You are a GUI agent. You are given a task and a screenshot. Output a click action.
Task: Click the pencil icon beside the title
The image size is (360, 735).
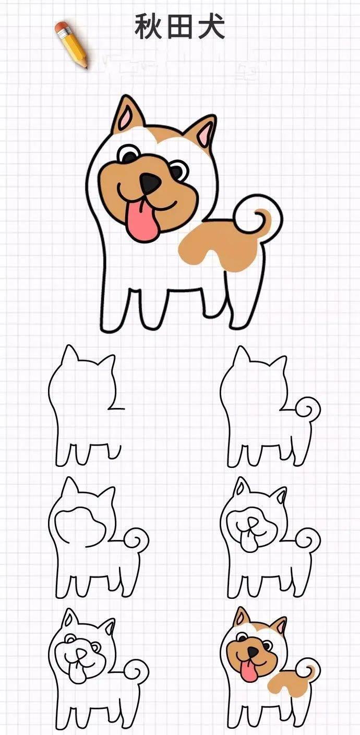[x=72, y=45]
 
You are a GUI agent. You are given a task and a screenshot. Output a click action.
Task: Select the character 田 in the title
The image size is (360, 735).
[x=180, y=27]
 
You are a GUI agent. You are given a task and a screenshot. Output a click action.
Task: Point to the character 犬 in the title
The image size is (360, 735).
[x=211, y=27]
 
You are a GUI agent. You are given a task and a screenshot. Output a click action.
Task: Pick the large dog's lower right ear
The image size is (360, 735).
[x=203, y=133]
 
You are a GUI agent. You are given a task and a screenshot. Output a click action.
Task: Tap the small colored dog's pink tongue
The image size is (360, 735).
[x=250, y=672]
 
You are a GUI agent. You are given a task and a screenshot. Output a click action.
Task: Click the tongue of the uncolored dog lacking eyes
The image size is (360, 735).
[x=250, y=545]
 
